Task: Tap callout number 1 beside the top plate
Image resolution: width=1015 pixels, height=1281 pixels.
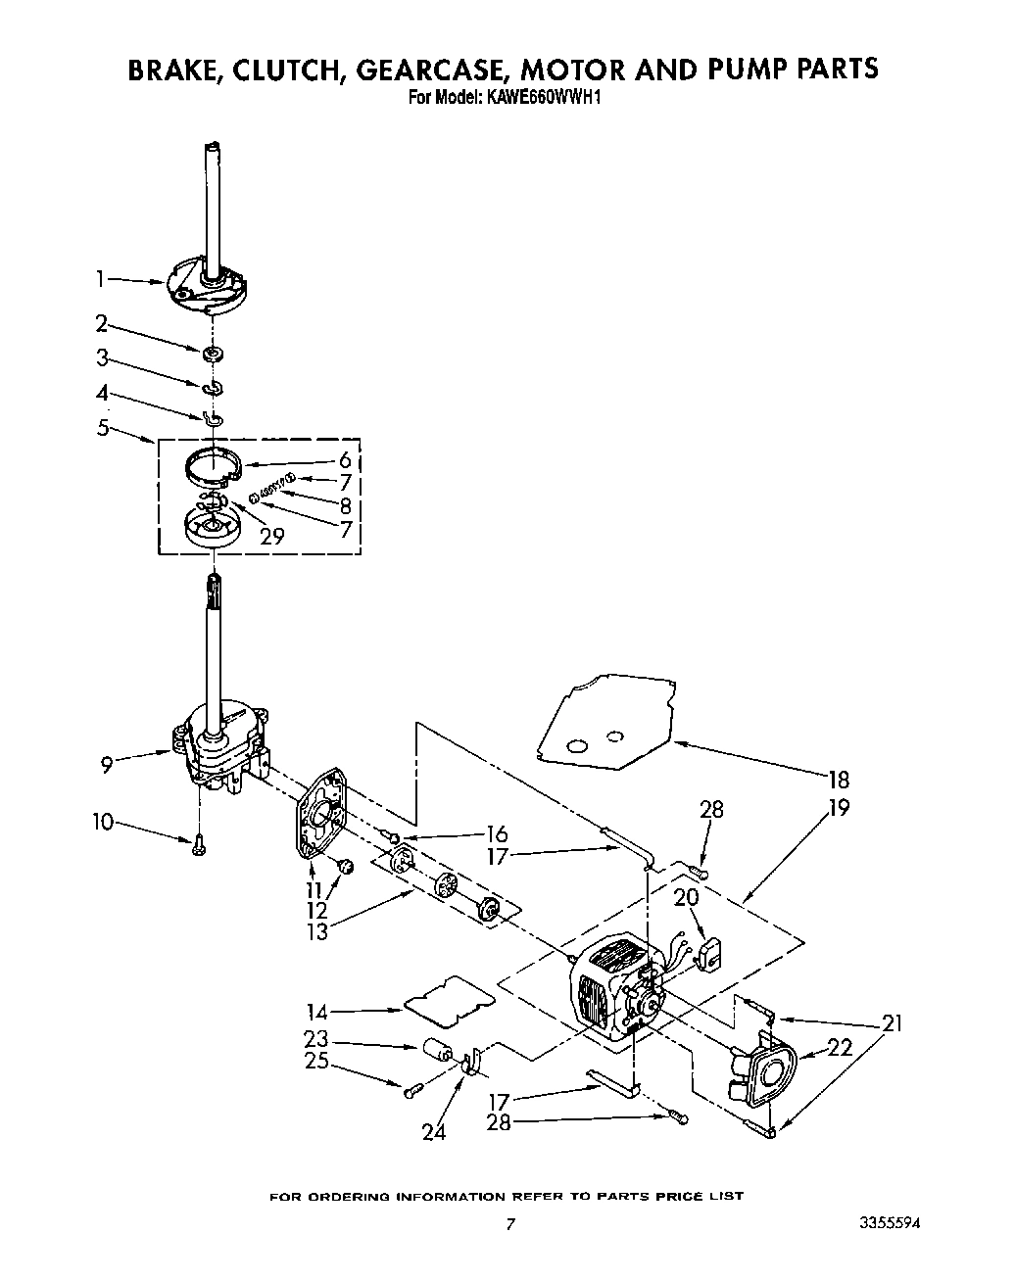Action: [100, 279]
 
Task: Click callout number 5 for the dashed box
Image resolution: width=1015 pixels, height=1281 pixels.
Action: [103, 428]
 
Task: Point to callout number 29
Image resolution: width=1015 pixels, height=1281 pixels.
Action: [272, 536]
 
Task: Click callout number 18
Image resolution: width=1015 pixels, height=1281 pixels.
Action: [838, 781]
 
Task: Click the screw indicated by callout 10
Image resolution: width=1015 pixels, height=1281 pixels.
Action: [199, 843]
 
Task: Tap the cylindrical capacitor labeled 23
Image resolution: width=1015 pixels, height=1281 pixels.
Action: [437, 1053]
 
